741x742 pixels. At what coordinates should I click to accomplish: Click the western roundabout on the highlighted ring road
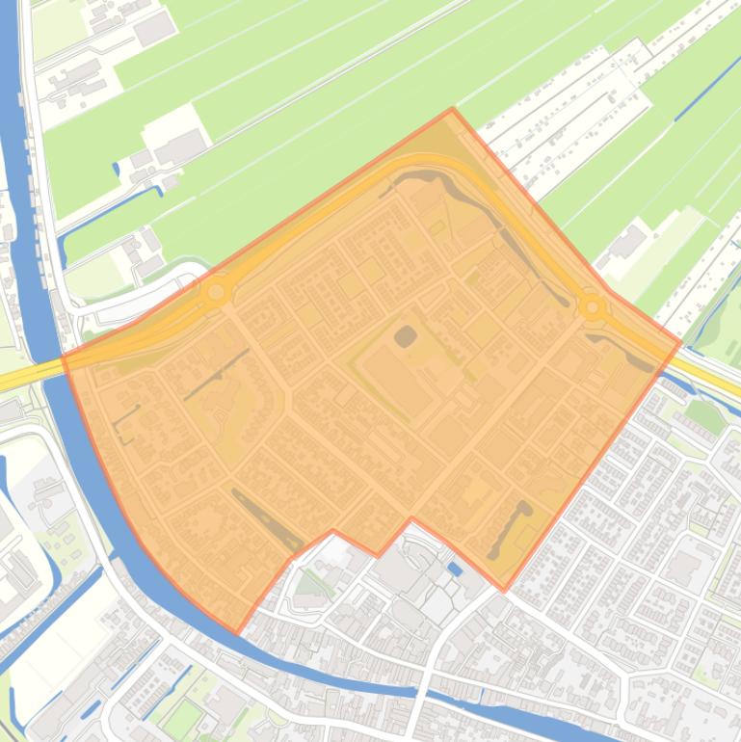217,291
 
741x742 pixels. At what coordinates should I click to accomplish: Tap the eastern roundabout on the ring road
592,308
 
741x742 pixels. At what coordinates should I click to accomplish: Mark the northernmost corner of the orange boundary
452,110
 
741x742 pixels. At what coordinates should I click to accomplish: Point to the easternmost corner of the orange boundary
680,341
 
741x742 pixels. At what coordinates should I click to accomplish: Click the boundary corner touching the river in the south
237,632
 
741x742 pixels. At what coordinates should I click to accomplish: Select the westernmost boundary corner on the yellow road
64,357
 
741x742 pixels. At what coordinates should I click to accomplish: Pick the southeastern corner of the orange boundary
503,589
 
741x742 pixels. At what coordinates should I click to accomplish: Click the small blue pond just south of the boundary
455,570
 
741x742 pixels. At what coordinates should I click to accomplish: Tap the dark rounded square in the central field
406,336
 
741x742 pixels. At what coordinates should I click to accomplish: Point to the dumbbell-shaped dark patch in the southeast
509,529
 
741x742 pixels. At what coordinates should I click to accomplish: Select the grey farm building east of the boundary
627,241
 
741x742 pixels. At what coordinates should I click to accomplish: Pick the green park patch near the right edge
706,416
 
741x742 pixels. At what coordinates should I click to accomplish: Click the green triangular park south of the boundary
310,582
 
